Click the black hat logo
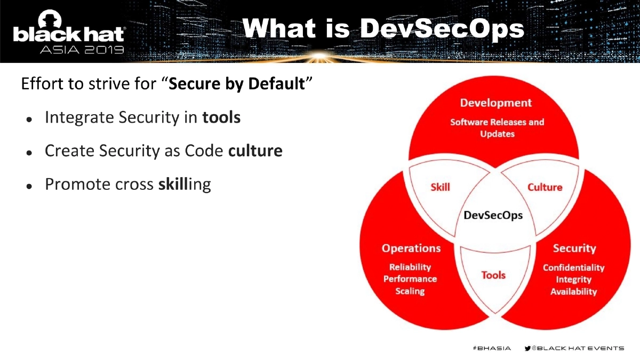[69, 32]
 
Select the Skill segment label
[440, 187]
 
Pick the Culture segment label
[545, 187]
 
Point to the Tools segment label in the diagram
[493, 275]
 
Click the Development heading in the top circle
[496, 103]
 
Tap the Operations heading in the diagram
[411, 248]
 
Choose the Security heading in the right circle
[574, 248]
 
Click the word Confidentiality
[573, 268]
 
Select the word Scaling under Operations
[410, 291]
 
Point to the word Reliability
[410, 267]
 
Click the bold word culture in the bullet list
[255, 151]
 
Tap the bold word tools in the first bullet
[221, 117]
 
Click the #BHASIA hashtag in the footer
[492, 348]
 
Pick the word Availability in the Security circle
[573, 292]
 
